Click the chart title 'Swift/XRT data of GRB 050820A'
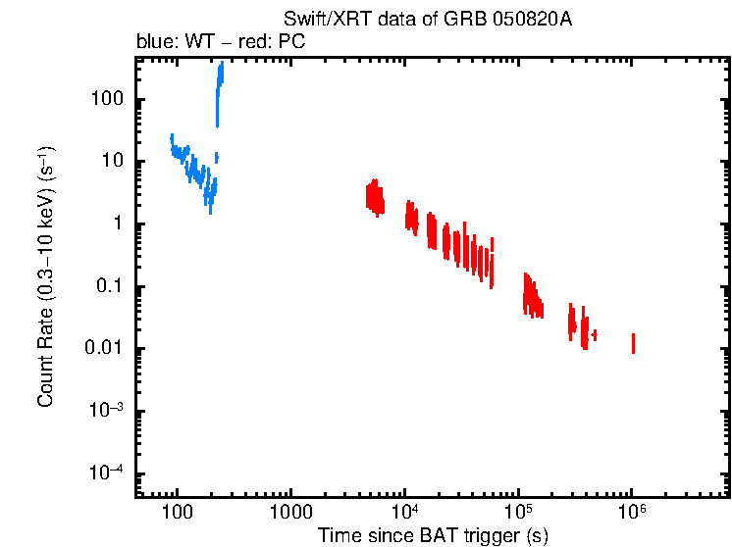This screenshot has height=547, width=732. [x=427, y=21]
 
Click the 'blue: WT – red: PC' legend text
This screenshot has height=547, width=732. [x=227, y=43]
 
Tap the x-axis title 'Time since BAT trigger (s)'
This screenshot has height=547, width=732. [x=433, y=535]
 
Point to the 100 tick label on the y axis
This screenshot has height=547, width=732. [x=106, y=99]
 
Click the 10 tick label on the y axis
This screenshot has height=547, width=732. [x=112, y=162]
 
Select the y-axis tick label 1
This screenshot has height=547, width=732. [x=118, y=224]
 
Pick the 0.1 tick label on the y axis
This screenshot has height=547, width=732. [x=110, y=287]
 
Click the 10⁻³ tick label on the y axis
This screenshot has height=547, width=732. [x=107, y=412]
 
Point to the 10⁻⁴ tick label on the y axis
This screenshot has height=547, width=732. [x=107, y=474]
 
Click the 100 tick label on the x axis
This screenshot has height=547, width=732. [x=177, y=513]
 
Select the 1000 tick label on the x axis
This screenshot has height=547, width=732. [x=290, y=513]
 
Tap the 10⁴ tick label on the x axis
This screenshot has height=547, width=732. [x=404, y=511]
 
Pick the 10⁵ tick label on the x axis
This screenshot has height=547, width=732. [x=518, y=511]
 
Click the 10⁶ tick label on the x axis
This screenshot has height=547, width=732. [x=632, y=511]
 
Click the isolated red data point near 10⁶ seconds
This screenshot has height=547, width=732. [x=633, y=343]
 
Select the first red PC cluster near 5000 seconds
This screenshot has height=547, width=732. [x=374, y=195]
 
